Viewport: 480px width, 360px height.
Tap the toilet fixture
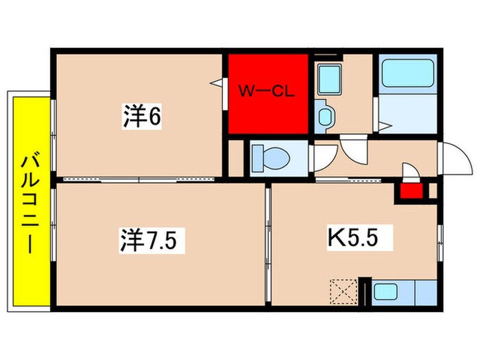pyautogui.click(x=270, y=158)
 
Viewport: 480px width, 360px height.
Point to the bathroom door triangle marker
pyautogui.click(x=387, y=125)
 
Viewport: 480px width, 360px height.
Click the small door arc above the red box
pyautogui.click(x=409, y=171)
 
